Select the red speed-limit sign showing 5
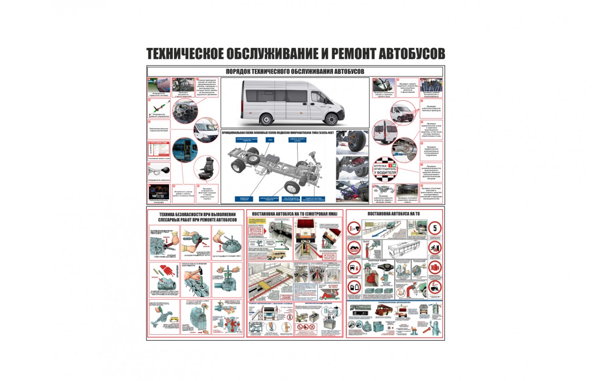pos(435,229)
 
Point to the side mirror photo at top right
pos(383,85)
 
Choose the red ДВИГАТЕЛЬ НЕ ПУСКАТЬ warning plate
pos(256,231)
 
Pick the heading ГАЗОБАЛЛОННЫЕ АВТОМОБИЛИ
pos(394,302)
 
